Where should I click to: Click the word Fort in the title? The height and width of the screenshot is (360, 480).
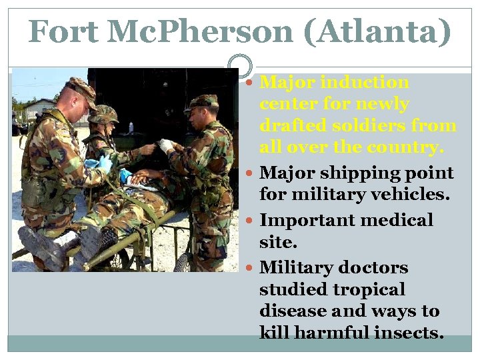click(65, 31)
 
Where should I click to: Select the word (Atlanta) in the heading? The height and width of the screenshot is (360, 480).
click(377, 31)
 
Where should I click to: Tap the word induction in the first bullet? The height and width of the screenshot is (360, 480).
click(364, 83)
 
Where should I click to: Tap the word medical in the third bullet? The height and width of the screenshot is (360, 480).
click(398, 220)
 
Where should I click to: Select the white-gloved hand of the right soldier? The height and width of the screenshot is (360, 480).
click(165, 145)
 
